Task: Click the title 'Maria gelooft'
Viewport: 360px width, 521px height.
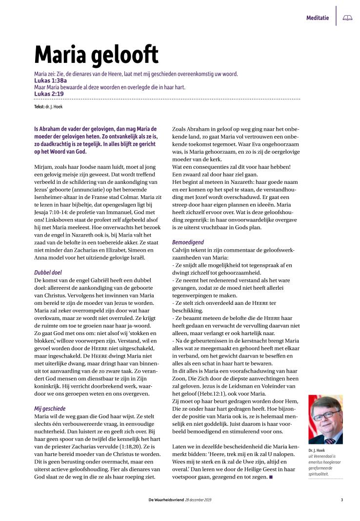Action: [96, 55]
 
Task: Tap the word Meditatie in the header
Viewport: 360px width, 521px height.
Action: [318, 18]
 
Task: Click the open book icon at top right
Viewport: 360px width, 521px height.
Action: [347, 18]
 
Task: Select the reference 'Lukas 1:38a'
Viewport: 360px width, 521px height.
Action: [51, 80]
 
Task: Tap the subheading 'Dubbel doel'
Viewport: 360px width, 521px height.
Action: [47, 273]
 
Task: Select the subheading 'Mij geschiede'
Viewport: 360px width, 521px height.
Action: [49, 408]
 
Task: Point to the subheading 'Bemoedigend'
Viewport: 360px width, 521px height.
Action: [188, 242]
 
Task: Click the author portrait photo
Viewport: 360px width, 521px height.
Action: [325, 419]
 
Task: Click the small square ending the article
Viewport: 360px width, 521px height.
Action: [270, 477]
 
